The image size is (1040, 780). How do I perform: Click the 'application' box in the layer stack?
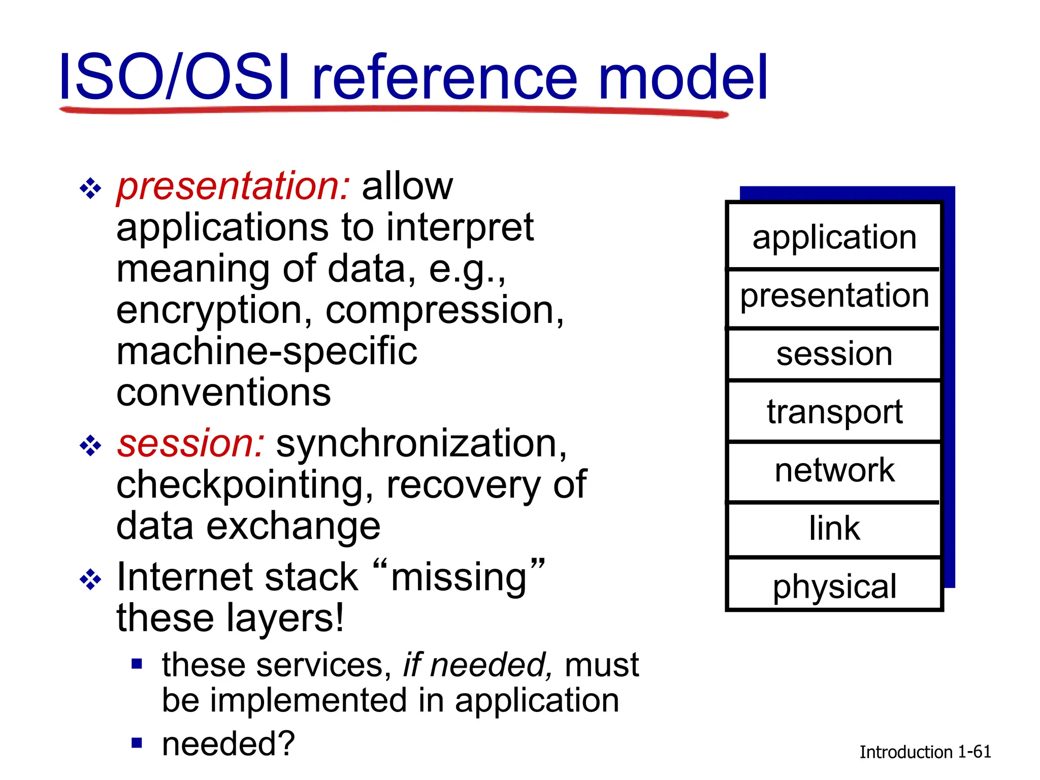[834, 237]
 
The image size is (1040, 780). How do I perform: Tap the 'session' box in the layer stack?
[834, 354]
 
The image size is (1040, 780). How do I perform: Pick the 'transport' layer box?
[834, 411]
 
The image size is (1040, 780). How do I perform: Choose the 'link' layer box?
[834, 529]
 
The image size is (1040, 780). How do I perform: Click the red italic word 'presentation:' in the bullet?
[233, 187]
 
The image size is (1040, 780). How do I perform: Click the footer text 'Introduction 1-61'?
[925, 752]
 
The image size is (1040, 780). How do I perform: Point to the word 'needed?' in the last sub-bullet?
[228, 744]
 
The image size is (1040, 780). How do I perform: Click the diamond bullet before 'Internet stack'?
[90, 579]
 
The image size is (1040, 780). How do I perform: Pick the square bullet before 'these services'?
[137, 664]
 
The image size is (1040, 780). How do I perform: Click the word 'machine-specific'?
[267, 351]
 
